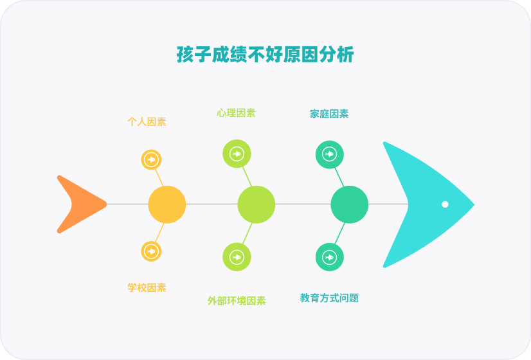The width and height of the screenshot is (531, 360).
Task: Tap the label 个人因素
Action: (x=147, y=122)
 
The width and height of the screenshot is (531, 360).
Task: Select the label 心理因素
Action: (x=236, y=113)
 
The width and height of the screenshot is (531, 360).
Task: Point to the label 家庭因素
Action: (x=329, y=114)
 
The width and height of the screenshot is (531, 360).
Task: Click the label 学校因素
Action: (x=147, y=287)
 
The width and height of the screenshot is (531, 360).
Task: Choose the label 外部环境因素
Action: (x=236, y=300)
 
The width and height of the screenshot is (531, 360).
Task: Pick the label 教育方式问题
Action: (x=329, y=298)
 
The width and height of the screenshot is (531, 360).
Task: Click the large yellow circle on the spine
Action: (x=167, y=204)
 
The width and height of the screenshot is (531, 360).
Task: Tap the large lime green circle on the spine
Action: (x=256, y=204)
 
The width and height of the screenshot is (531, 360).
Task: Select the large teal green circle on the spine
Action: (x=350, y=204)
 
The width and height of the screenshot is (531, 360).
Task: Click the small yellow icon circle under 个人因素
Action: (x=151, y=159)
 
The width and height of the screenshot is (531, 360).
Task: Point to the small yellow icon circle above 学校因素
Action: (x=151, y=251)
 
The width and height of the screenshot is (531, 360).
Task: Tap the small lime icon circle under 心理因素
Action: (x=237, y=154)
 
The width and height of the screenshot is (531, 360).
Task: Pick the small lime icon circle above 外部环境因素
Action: (x=237, y=257)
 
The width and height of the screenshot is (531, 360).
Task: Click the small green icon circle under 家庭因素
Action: (x=330, y=154)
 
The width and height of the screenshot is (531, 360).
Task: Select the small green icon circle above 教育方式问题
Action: (x=330, y=257)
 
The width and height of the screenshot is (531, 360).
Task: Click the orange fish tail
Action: (x=78, y=204)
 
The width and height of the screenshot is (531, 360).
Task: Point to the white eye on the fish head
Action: (x=445, y=204)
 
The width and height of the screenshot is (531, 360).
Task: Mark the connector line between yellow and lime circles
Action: (x=212, y=204)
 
